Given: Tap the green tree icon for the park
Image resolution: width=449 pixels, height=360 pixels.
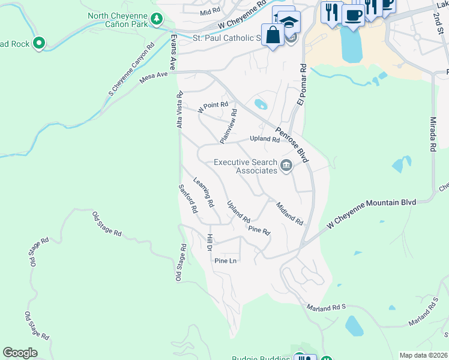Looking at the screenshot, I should point(157,19).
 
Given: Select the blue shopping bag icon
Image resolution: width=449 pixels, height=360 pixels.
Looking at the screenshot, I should point(273,35).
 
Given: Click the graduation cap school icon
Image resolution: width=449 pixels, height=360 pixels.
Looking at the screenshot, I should point(289,23).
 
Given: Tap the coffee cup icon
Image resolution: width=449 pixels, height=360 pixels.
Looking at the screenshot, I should point(353,15).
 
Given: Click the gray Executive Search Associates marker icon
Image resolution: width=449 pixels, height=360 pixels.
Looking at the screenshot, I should point(286,166).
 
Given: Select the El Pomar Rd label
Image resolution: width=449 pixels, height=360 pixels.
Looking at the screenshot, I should point(302,85).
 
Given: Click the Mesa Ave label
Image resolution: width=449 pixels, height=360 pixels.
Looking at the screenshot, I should point(153,76).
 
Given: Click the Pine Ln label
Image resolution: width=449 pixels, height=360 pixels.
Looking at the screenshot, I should point(226,261).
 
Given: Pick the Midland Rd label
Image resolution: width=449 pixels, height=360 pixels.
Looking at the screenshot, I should point(289,213).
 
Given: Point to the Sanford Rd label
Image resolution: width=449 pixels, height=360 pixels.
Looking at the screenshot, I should point(188,199).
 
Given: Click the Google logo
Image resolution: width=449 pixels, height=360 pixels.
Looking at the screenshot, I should point(20,353).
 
